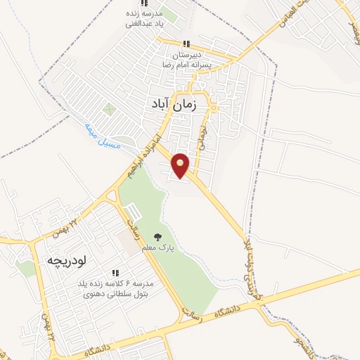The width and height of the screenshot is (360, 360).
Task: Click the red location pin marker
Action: click(181, 165)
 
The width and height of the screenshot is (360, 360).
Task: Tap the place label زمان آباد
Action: click(181, 103)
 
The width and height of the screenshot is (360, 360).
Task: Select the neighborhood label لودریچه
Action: click(65, 260)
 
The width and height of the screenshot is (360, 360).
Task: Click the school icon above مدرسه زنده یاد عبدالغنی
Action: click(143, 4)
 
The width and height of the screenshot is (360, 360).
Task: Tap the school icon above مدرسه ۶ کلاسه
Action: click(115, 273)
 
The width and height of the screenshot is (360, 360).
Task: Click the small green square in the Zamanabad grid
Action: click(109, 109)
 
